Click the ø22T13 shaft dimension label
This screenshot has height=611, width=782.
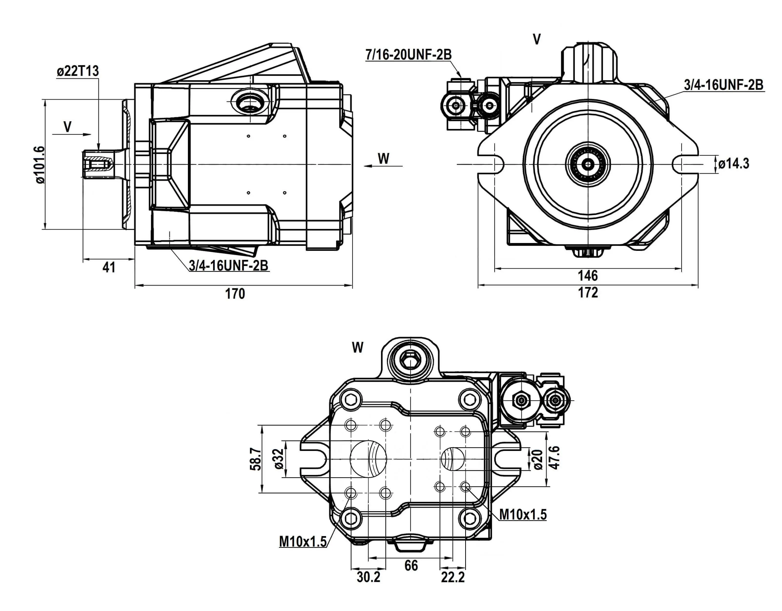click(x=77, y=71)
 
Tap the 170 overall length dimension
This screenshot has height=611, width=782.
click(x=235, y=294)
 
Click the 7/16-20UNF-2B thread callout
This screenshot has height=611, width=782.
click(x=408, y=55)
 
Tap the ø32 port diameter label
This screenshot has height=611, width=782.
click(x=279, y=459)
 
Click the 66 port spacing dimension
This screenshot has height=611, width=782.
click(x=411, y=566)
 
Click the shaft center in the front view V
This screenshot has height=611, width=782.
click(x=587, y=164)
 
